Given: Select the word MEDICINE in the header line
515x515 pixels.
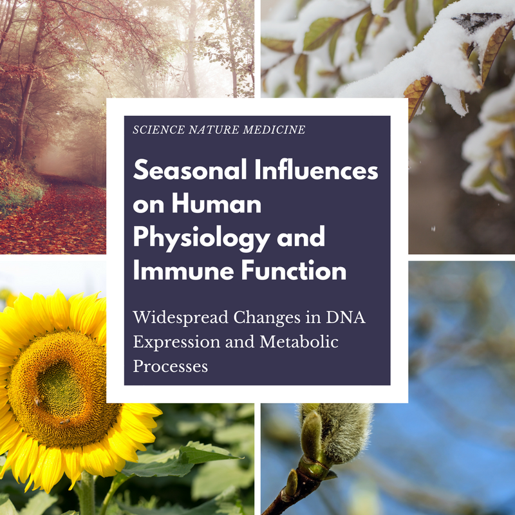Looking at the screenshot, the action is click(274, 130).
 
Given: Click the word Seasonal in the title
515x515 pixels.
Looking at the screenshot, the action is click(190, 170).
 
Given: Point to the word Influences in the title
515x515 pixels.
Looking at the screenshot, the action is click(316, 170).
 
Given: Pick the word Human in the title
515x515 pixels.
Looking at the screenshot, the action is click(216, 203).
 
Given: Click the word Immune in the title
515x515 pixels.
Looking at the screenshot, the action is click(183, 270).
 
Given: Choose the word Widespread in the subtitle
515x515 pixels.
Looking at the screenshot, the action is click(180, 317).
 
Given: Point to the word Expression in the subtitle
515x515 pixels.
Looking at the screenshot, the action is click(176, 342).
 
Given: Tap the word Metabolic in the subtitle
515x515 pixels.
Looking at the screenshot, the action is click(299, 342).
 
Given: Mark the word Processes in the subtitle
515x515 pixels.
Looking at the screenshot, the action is click(170, 366).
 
